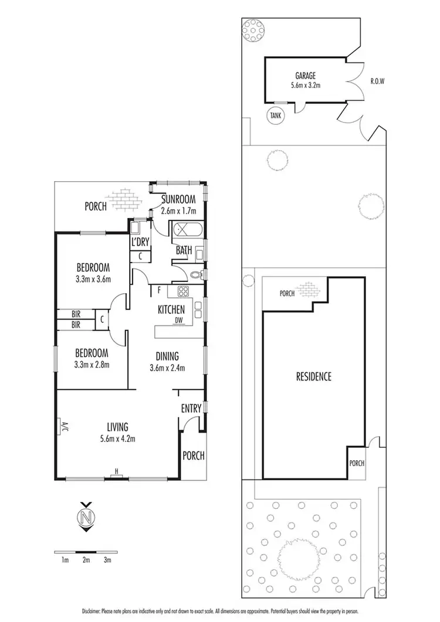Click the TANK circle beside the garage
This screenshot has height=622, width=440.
coord(275,115)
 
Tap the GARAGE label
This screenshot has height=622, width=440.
coord(305,76)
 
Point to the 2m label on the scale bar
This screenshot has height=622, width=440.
coord(86,560)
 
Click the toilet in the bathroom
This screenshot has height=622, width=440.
coord(197,274)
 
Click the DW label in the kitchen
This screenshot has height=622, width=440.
coord(178,320)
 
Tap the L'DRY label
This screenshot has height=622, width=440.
coord(140,242)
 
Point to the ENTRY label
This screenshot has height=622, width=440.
coord(191,408)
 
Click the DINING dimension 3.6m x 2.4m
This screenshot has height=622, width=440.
coord(167,368)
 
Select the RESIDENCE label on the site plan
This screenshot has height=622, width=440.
coord(313,376)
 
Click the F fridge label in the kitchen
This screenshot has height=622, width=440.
coord(159,290)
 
